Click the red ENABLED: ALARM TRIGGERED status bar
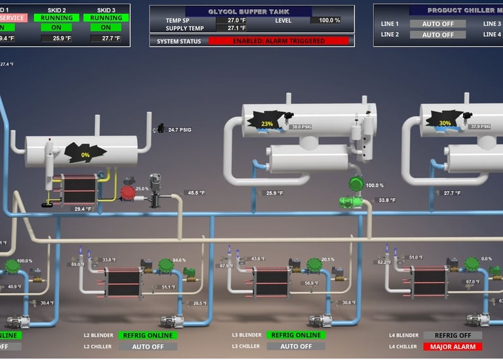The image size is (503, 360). click(x=278, y=41)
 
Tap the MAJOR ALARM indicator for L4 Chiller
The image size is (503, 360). click(x=453, y=346)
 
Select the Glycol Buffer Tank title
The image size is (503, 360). click(x=251, y=12)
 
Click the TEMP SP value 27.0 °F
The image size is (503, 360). click(x=233, y=20)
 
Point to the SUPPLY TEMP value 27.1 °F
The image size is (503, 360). click(x=233, y=28)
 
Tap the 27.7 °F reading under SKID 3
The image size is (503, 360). click(x=106, y=39)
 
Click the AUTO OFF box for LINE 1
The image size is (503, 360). click(x=438, y=24)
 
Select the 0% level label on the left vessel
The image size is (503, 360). click(x=85, y=155)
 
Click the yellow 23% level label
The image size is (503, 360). click(x=267, y=124)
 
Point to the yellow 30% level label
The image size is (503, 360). click(x=445, y=123)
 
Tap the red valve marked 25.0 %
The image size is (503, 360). click(x=127, y=192)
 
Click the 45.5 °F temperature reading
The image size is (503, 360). click(x=196, y=193)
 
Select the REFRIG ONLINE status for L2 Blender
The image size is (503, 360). click(x=147, y=336)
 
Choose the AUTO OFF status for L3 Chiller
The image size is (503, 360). click(x=295, y=346)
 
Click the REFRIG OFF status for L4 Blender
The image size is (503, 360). click(x=453, y=335)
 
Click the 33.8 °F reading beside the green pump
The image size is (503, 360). click(x=387, y=200)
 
